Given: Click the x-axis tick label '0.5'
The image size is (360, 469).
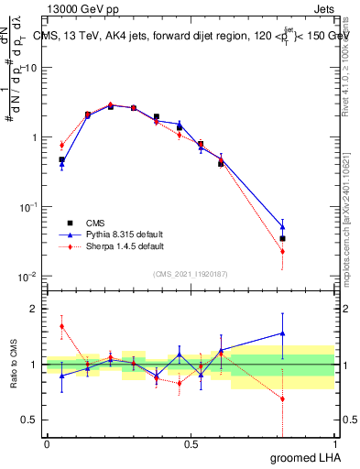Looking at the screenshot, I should (191, 444).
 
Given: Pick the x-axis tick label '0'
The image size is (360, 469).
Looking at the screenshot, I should (47, 444).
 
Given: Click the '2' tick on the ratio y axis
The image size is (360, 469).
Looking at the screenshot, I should (37, 309).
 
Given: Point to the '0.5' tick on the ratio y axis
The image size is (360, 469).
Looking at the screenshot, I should (32, 420).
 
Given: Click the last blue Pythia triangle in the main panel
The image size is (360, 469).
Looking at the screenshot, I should (282, 226).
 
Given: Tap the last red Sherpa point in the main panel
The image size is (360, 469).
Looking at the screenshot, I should (282, 251).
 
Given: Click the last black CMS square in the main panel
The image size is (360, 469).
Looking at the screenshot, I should (282, 238).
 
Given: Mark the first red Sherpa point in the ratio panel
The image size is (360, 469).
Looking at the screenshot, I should (61, 326).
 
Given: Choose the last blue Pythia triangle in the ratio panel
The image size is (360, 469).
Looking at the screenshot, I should (282, 333).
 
